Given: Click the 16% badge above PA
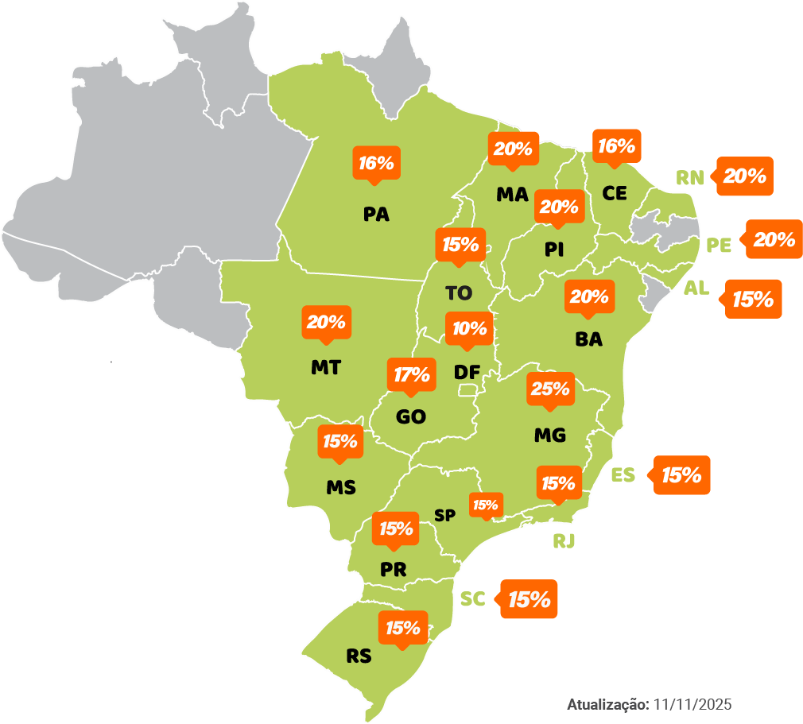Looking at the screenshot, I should point(376,164).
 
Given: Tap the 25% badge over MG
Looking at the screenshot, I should point(549,389).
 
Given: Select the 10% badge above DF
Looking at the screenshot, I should point(470,328).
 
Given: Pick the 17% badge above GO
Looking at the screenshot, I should point(412,375).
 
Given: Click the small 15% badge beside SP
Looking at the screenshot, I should point(485,505).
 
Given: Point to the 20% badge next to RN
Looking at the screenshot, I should point(745,176).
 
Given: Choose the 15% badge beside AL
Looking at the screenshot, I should point(752,300).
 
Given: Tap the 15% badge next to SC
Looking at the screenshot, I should point(529,599).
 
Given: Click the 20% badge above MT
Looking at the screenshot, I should point(326,323).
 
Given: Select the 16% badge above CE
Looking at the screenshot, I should point(616,146).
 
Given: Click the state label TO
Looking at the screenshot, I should point(459,293).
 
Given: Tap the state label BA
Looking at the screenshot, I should point(588,340).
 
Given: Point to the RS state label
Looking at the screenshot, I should point(359,656).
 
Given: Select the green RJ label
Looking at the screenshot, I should point(564,542).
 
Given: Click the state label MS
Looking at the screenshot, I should point(341,487).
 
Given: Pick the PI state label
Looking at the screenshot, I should point(554,250).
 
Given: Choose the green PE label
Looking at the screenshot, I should point(719,245).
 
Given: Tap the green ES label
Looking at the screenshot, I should point(623,475).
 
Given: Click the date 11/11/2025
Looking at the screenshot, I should point(692,705).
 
